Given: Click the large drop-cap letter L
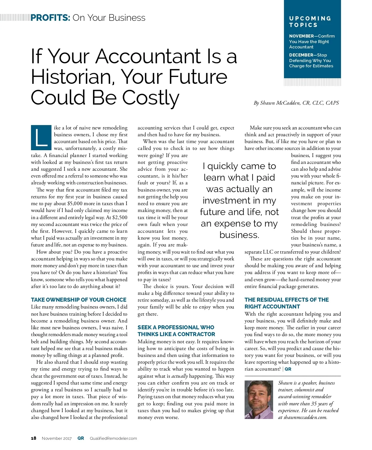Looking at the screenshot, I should coord(41,137).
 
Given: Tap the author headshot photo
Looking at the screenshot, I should coord(259,400).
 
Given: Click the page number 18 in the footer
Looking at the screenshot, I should coord(33,438).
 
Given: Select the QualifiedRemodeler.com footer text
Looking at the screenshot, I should coord(113,438).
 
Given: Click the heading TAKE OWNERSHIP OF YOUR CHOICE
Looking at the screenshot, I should coord(78,300).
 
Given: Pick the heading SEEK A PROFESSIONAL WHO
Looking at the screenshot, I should coord(176,327).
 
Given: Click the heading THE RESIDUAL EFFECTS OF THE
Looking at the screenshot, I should coord(286,300).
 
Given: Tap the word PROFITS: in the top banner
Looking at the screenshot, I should coord(50,18).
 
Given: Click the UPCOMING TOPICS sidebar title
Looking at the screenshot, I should coord(310,22).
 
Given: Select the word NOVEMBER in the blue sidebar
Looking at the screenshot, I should coord(301,36).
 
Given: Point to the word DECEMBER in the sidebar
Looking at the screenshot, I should coord(301,55).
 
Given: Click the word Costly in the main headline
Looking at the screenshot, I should coord(151,98).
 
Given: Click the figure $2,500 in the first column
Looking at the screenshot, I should coord(120,217).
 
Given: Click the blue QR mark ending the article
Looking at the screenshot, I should coord(288,369).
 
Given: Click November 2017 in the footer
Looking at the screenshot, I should coord(57,438).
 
